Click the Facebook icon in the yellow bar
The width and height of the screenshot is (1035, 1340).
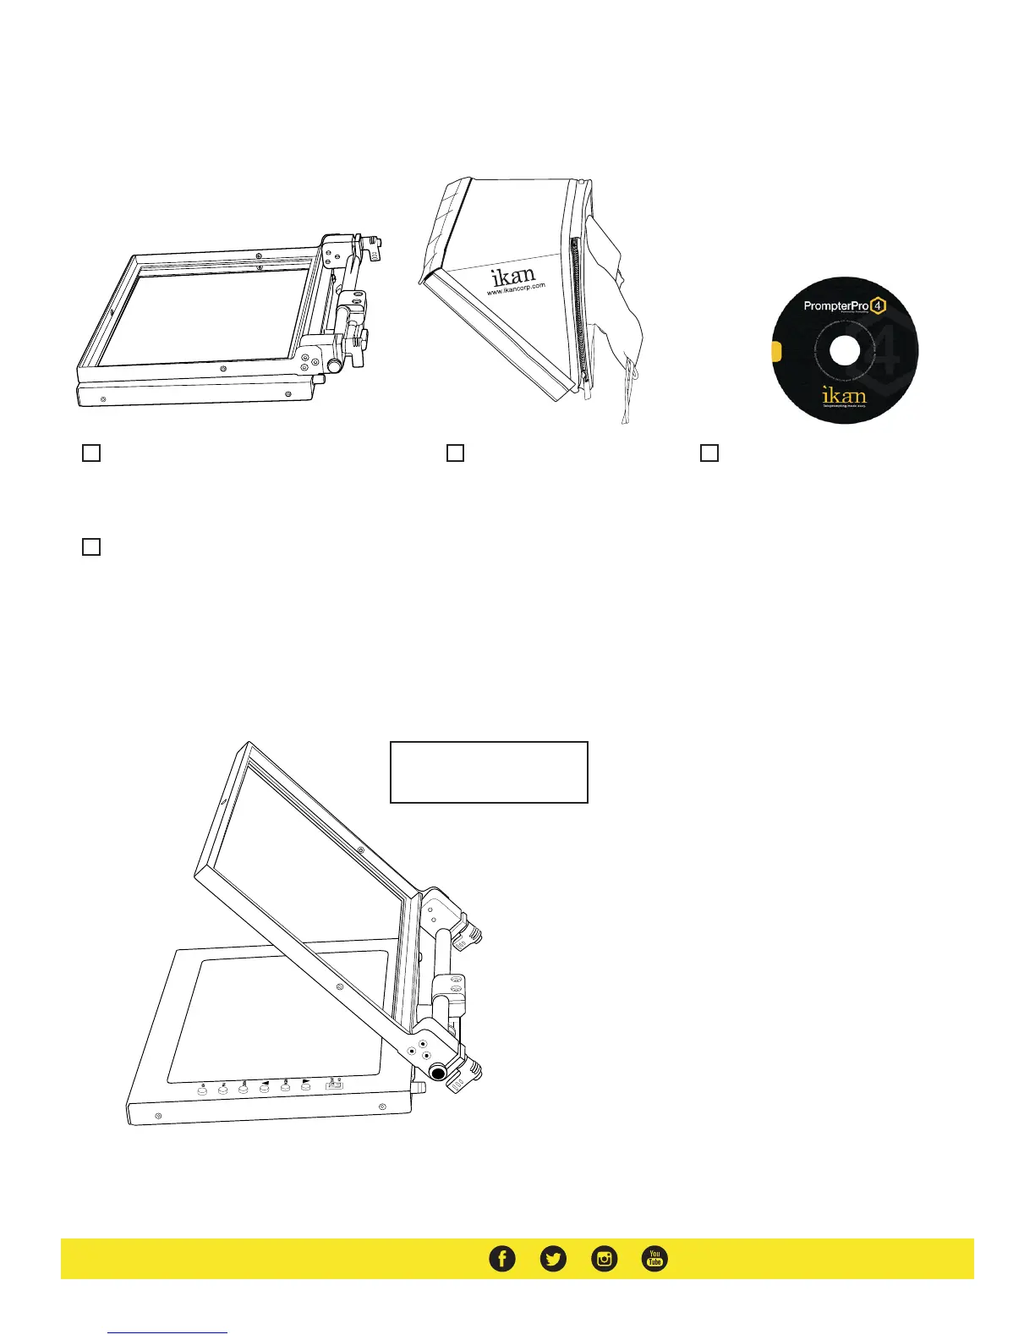(x=502, y=1259)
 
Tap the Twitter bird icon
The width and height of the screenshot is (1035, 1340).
(x=553, y=1259)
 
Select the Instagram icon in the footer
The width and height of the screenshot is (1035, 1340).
(x=605, y=1259)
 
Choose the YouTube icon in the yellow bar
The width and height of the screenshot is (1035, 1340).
(x=654, y=1259)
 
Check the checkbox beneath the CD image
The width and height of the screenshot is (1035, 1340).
(x=709, y=453)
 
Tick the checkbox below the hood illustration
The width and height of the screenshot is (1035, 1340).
(x=455, y=453)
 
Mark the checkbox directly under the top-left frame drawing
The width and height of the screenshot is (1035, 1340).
(x=91, y=453)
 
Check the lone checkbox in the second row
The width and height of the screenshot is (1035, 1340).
(x=91, y=546)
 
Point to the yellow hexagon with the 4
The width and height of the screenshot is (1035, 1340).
(x=879, y=305)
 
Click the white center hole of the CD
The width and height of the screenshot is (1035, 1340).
(x=846, y=351)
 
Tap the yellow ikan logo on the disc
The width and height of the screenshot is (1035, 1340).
(x=844, y=395)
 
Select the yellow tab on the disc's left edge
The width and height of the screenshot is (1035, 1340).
(x=777, y=352)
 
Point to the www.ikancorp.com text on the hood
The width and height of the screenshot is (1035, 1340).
(x=516, y=288)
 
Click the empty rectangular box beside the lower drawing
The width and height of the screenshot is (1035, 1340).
(x=489, y=772)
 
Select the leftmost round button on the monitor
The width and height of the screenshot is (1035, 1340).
(x=203, y=1091)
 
